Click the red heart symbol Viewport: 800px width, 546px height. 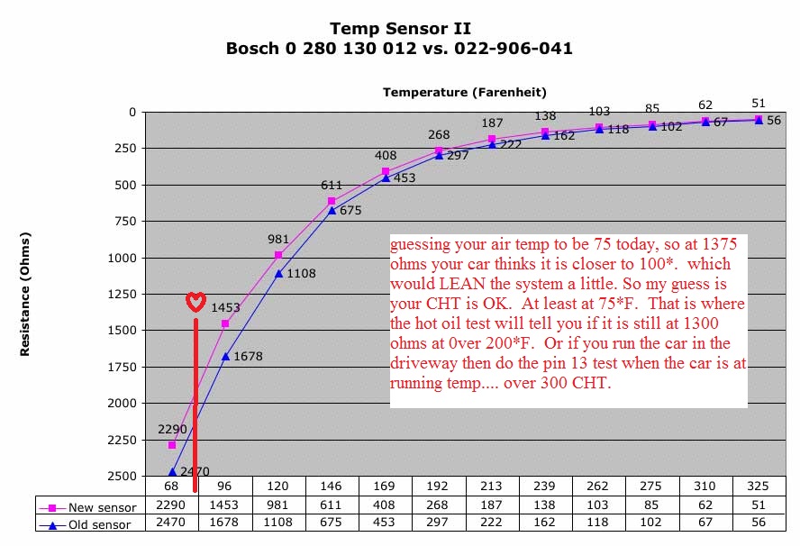[195, 302]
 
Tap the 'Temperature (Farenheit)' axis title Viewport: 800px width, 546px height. [464, 92]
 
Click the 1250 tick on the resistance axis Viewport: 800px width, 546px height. [120, 294]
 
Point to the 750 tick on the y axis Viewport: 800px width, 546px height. [123, 221]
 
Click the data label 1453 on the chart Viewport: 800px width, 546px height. [225, 307]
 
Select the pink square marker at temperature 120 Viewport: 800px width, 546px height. [278, 255]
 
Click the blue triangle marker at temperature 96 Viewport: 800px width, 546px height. [225, 356]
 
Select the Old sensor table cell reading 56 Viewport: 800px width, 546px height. [759, 523]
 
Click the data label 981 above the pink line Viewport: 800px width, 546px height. [279, 240]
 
